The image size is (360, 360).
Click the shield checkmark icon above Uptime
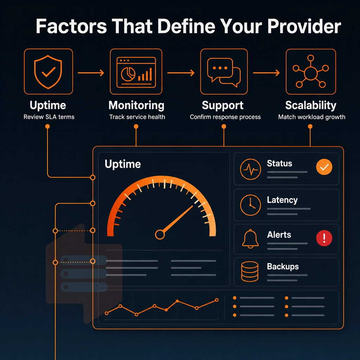coord(48,72)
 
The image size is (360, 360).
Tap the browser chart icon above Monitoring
coord(136,72)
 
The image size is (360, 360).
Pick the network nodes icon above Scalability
coord(311,71)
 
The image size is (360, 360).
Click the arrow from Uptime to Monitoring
coord(91,73)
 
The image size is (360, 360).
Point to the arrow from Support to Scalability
coord(266,73)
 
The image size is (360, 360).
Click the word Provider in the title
coord(304,26)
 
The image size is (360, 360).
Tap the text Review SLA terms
coord(49,117)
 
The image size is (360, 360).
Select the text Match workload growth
coord(311,117)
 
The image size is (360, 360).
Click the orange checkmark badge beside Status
coord(324,167)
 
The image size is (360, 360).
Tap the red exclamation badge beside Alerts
coord(324,238)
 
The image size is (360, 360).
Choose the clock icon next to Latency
coord(250,205)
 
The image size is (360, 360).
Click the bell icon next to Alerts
coord(250,239)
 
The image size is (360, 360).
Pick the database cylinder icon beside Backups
coord(250,271)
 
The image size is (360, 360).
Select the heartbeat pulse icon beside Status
coord(250,169)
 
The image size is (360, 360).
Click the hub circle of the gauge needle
coord(160,234)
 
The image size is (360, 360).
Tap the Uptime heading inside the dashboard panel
coord(123,164)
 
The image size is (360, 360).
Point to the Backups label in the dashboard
coord(283,266)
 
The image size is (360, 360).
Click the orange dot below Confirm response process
coord(224,127)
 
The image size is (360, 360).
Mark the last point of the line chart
coord(217,300)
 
